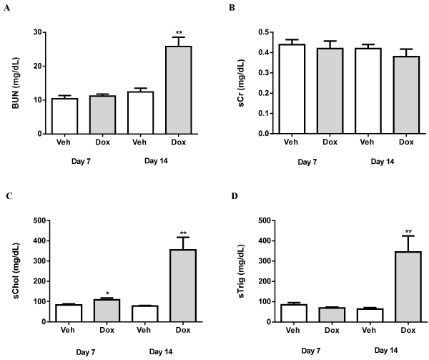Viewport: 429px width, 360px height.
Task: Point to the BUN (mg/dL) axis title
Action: [x=16, y=82]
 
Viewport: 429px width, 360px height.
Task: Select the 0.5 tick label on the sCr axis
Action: [x=265, y=32]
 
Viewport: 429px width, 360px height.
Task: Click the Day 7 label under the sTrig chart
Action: [x=312, y=350]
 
